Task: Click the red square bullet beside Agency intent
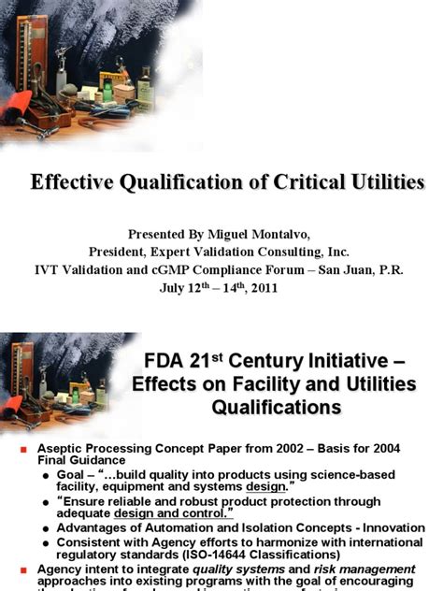pos(25,569)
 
